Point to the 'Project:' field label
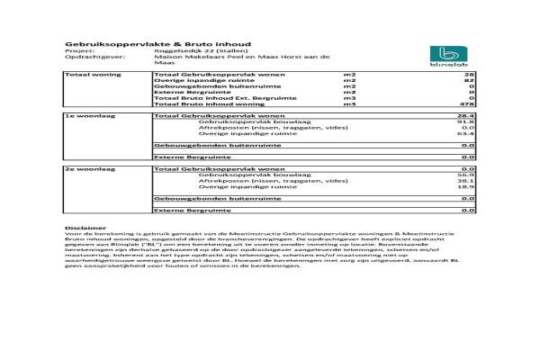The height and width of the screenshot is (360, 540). (x=76, y=50)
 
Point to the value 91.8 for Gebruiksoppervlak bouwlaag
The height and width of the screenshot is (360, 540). (x=467, y=122)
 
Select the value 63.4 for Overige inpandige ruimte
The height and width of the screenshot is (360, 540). (x=467, y=134)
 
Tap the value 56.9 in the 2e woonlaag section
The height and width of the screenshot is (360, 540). (x=467, y=175)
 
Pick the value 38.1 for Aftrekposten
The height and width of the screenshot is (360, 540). (x=467, y=181)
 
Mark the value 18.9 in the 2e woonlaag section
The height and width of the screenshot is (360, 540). (x=467, y=187)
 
